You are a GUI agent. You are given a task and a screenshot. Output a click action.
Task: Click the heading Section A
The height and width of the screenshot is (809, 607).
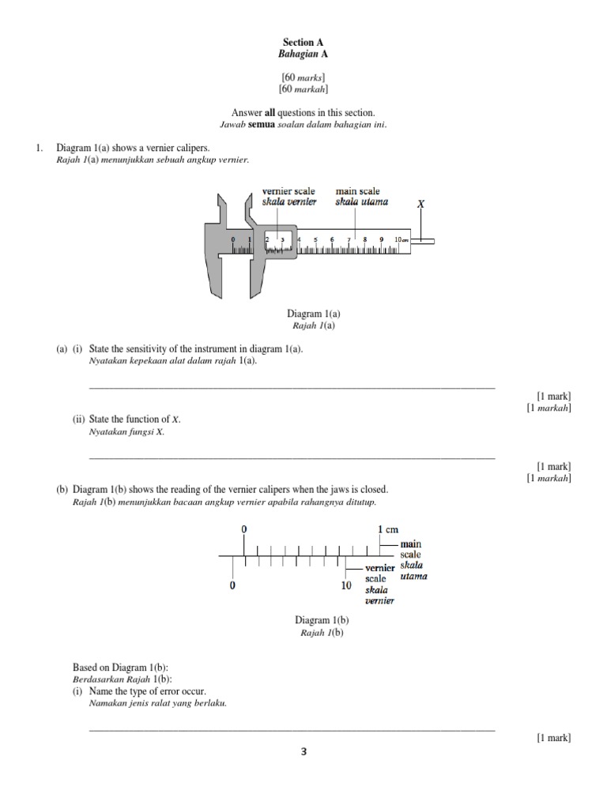click(303, 42)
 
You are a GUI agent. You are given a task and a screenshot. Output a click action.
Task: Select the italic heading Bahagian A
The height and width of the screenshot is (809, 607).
click(303, 54)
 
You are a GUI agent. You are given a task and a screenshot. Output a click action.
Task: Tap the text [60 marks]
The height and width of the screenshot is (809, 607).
click(303, 77)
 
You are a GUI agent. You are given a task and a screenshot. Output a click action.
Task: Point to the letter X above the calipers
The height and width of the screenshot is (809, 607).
click(420, 203)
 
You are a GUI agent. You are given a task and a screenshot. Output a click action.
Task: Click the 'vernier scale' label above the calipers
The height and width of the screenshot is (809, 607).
click(288, 191)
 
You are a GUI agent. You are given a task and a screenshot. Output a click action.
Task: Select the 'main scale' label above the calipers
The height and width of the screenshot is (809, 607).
click(357, 191)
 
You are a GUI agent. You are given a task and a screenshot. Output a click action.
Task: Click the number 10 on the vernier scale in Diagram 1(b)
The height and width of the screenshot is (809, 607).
click(346, 586)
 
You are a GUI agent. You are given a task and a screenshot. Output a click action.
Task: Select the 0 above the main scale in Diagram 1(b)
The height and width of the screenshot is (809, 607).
click(243, 528)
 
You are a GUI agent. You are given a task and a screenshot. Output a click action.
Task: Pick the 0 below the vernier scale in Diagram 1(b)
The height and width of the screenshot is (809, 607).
click(232, 586)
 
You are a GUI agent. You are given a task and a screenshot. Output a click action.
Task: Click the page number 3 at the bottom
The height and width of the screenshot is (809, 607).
click(303, 752)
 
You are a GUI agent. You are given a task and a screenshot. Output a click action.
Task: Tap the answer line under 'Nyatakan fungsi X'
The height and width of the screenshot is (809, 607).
click(292, 457)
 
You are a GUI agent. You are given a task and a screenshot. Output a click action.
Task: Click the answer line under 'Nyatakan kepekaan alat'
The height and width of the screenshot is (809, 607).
click(292, 387)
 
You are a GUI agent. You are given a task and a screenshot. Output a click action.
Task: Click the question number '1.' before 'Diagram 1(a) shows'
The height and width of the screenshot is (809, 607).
click(38, 148)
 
